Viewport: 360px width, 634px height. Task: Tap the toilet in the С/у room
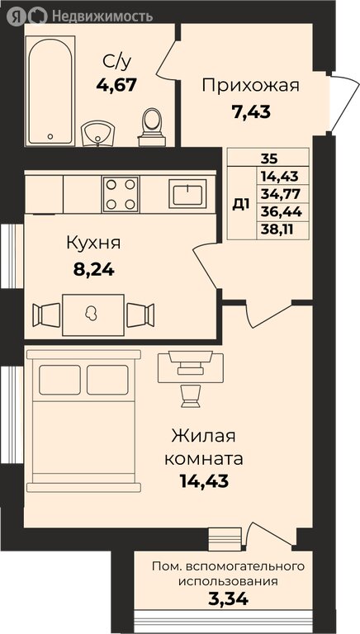pos(151,124)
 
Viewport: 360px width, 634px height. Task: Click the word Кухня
pos(93,243)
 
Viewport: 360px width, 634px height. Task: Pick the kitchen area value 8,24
pos(93,267)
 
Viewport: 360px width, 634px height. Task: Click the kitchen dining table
pos(93,314)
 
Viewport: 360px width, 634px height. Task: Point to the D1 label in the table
pos(240,204)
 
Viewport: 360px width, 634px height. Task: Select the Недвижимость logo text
pos(102,15)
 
